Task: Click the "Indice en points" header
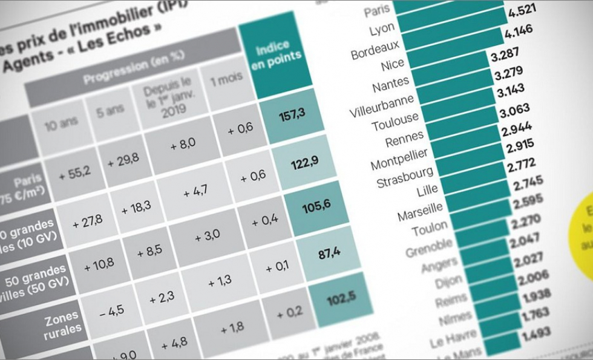tap(276, 56)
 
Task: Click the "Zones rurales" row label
tap(61, 321)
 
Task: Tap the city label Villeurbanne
tap(381, 106)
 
